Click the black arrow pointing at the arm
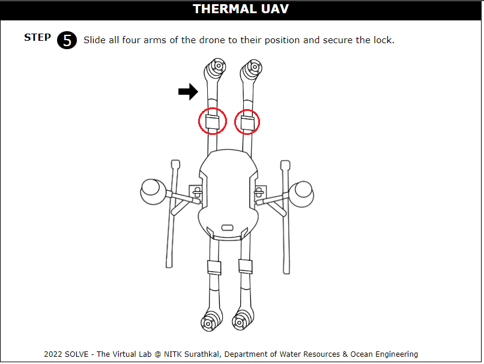pos(188,92)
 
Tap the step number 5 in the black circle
pos(67,40)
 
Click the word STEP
pos(37,38)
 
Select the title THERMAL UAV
pos(241,9)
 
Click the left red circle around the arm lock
pos(213,122)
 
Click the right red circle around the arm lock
pos(247,122)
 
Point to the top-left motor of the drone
pos(217,66)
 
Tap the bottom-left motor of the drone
pos(208,323)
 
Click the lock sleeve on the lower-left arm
pos(214,267)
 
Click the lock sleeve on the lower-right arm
pos(244,266)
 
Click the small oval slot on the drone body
pos(227,227)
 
